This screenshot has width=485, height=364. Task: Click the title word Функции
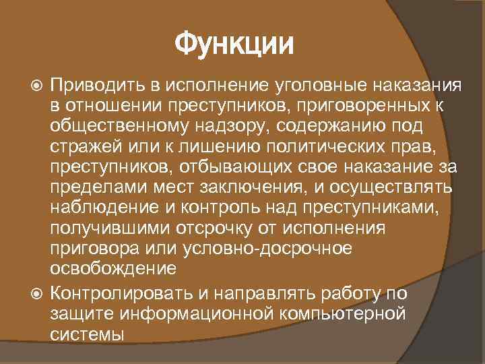[234, 45]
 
